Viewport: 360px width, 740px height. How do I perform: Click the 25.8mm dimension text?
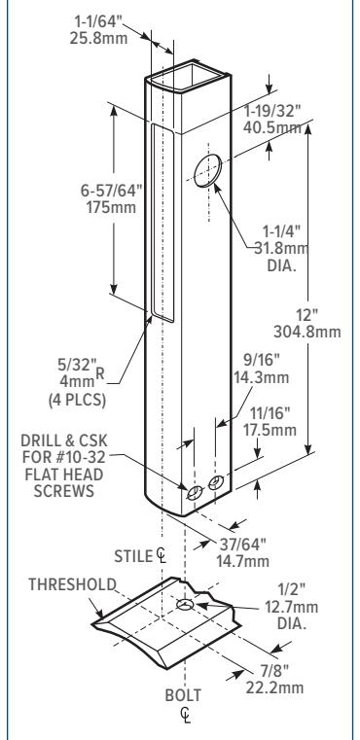[x=98, y=37]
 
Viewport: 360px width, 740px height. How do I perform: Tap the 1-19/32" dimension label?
[x=272, y=112]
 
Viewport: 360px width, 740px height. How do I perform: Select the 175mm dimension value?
[x=111, y=207]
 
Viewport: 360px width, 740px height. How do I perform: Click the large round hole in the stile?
[x=208, y=170]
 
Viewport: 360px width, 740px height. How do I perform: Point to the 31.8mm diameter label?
[x=281, y=248]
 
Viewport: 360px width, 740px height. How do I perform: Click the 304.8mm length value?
[x=307, y=332]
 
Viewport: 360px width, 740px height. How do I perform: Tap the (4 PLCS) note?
[x=77, y=400]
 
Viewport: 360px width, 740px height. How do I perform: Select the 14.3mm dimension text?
[x=262, y=377]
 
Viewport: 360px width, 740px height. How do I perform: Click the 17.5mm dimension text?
[x=270, y=430]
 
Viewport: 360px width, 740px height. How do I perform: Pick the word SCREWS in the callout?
[x=64, y=491]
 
